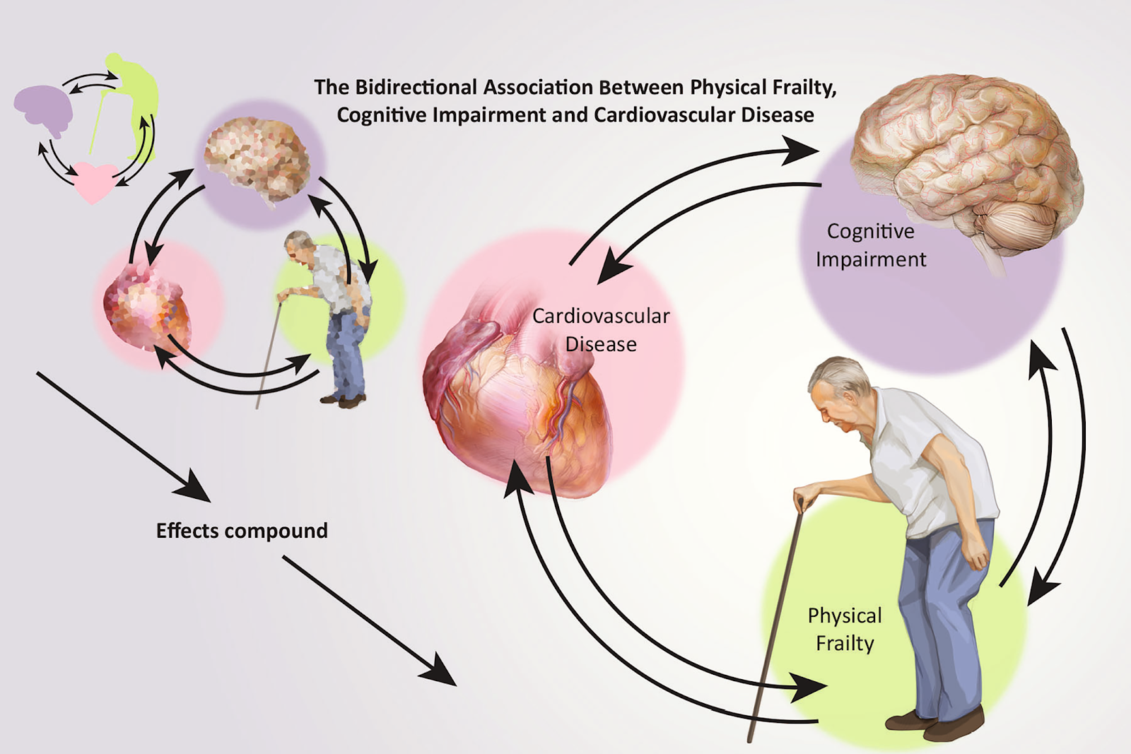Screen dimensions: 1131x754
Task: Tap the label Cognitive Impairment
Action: coord(871,245)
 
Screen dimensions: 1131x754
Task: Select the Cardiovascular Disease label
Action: coord(601,330)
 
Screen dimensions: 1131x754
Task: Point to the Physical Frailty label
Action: coord(845,630)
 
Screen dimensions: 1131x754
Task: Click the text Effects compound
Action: coord(242,531)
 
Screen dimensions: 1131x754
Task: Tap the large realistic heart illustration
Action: coord(517,399)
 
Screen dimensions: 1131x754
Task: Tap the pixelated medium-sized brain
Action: coord(257,159)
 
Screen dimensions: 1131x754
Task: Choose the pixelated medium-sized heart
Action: coord(146,309)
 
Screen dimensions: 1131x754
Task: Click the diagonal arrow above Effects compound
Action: coord(123,437)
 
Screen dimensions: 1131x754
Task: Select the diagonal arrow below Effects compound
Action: coord(370,620)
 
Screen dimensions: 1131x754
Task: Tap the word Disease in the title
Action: coord(778,115)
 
